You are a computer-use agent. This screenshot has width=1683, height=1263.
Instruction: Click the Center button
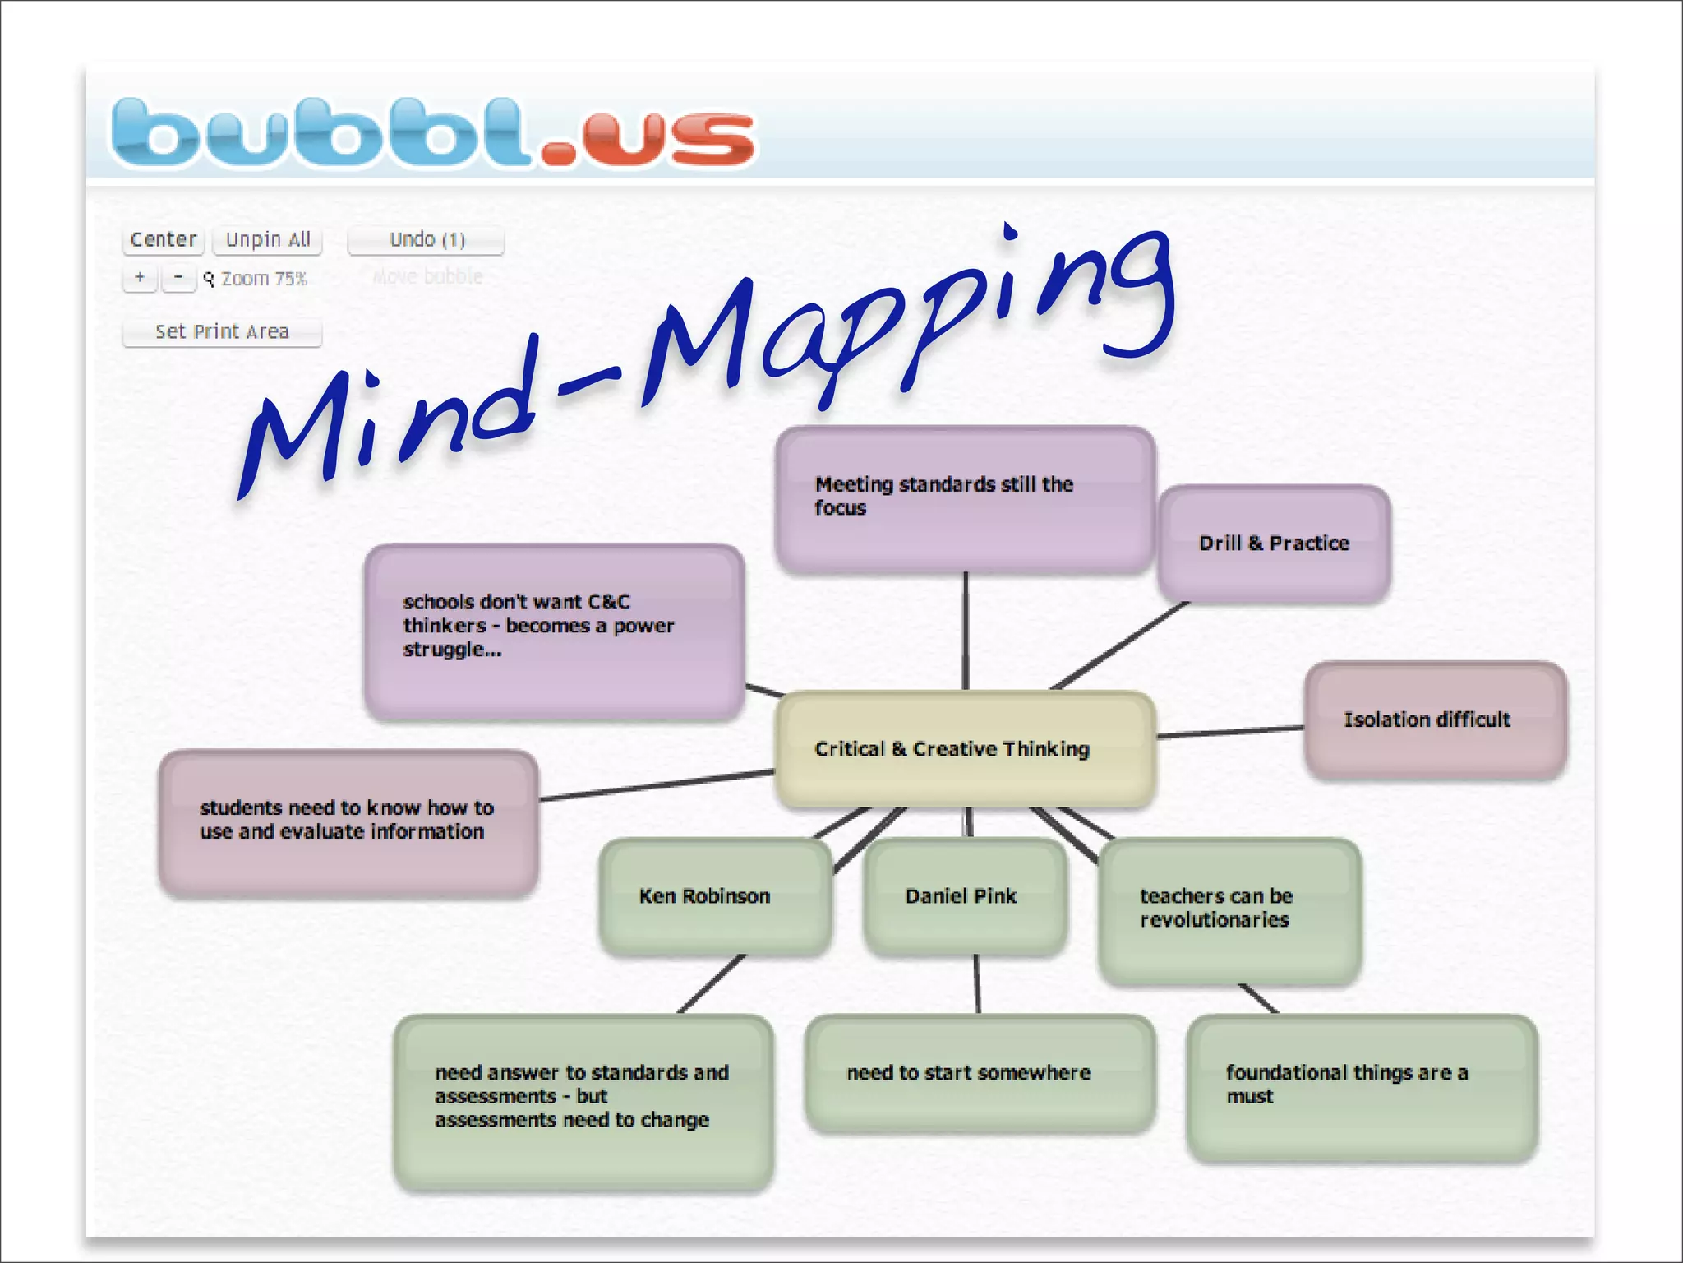pos(163,239)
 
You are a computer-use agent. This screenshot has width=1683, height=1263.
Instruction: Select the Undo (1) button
pos(426,239)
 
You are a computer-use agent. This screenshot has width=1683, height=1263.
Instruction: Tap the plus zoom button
pos(140,277)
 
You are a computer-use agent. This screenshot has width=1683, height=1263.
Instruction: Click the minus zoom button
pos(178,277)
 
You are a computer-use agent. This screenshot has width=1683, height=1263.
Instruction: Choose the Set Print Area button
pos(222,331)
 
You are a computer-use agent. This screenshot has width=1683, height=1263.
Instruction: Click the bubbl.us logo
pos(433,132)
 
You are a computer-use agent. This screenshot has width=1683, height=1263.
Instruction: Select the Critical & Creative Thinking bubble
pos(966,749)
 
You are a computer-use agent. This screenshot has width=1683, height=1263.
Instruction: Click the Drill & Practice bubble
pos(1274,544)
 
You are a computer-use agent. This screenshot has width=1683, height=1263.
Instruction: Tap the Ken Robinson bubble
pos(715,896)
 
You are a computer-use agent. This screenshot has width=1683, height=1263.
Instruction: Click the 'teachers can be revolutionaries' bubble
pos(1229,909)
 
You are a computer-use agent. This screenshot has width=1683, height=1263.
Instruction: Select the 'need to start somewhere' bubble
pos(980,1073)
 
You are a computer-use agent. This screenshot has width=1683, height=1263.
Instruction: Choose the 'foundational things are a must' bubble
pos(1362,1085)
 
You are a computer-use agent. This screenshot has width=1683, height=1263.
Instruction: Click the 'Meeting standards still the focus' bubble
pos(965,497)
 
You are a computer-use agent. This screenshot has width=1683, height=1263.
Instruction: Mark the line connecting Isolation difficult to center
pos(1230,732)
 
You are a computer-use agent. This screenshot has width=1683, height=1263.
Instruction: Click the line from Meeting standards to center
pos(966,631)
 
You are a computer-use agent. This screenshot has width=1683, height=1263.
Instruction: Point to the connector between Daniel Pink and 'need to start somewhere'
pos(977,984)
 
